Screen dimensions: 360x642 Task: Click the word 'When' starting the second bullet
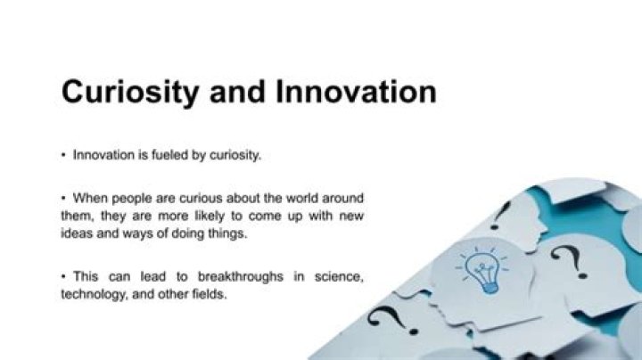click(90, 197)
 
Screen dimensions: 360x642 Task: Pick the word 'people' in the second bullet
click(132, 197)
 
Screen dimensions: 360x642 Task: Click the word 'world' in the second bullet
click(301, 197)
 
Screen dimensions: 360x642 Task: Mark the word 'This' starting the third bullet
click(86, 276)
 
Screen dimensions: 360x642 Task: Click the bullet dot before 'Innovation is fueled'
click(64, 156)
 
